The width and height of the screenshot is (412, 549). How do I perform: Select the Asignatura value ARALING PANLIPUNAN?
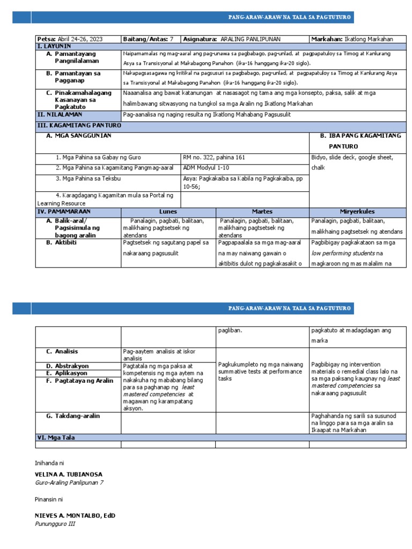click(251, 39)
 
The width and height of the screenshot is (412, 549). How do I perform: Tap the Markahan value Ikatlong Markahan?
click(369, 39)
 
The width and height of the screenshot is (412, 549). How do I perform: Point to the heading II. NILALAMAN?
click(60, 114)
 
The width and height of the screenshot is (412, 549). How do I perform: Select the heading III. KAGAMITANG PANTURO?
click(79, 125)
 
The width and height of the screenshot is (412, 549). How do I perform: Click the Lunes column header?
click(168, 212)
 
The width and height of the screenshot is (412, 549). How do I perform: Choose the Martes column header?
click(262, 212)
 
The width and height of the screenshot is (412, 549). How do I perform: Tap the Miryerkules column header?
click(358, 212)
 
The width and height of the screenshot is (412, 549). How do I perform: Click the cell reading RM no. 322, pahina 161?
click(214, 158)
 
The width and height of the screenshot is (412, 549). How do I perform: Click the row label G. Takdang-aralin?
click(73, 416)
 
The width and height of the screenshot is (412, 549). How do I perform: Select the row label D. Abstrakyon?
click(68, 366)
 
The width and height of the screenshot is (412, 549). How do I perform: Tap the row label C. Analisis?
click(62, 351)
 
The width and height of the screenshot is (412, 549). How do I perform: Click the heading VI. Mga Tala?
click(55, 437)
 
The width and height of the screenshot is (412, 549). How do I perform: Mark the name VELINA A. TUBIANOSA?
click(68, 474)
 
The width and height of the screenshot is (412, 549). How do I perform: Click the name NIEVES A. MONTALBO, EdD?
click(75, 516)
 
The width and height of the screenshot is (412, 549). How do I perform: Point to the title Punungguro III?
click(55, 524)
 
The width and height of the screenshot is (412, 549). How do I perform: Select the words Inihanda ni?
click(51, 462)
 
